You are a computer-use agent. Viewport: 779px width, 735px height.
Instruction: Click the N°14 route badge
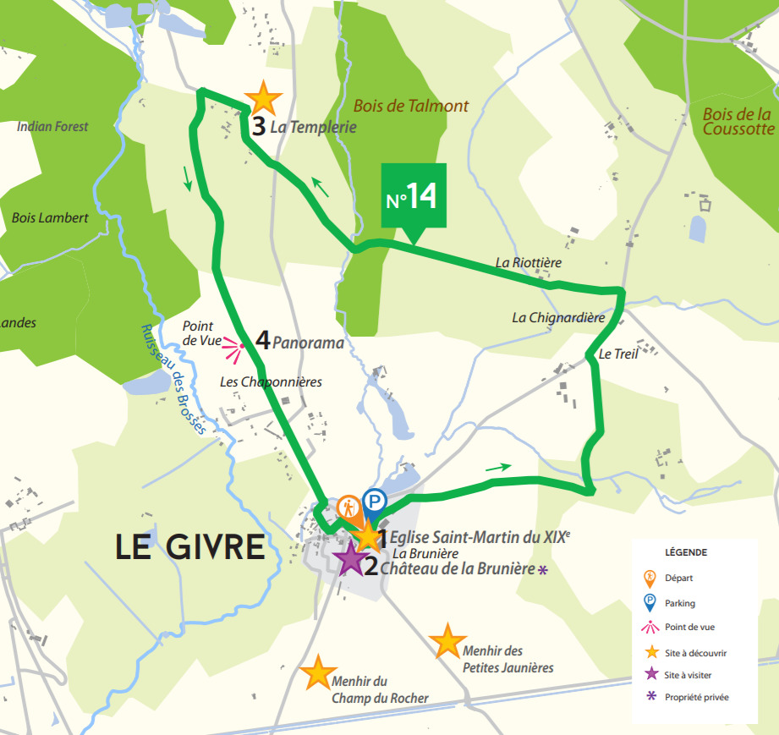pyautogui.click(x=413, y=196)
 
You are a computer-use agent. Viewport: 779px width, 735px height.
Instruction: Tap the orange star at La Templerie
pyautogui.click(x=264, y=99)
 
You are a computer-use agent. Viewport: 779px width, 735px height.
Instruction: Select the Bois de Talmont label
pyautogui.click(x=410, y=107)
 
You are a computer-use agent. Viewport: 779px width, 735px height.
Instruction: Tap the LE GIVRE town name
pyautogui.click(x=190, y=547)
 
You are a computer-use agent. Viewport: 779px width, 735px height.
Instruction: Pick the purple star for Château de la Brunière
pyautogui.click(x=348, y=558)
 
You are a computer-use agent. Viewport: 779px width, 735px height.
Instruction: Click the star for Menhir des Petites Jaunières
pyautogui.click(x=447, y=641)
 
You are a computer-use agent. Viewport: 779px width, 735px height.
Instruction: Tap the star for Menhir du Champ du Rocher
pyautogui.click(x=318, y=672)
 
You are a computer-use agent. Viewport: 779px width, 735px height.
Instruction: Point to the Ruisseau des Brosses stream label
pyautogui.click(x=173, y=381)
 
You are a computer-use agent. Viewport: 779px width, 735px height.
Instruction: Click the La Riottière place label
pyautogui.click(x=529, y=263)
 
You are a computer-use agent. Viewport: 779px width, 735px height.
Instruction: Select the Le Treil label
pyautogui.click(x=617, y=354)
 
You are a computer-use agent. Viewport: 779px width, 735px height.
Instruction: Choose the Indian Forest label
pyautogui.click(x=52, y=126)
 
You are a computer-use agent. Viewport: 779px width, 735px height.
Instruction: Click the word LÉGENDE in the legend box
pyautogui.click(x=686, y=552)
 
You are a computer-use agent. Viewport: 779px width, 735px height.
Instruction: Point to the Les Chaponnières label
pyautogui.click(x=271, y=382)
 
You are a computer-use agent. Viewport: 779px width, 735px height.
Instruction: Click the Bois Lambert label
pyautogui.click(x=50, y=217)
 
